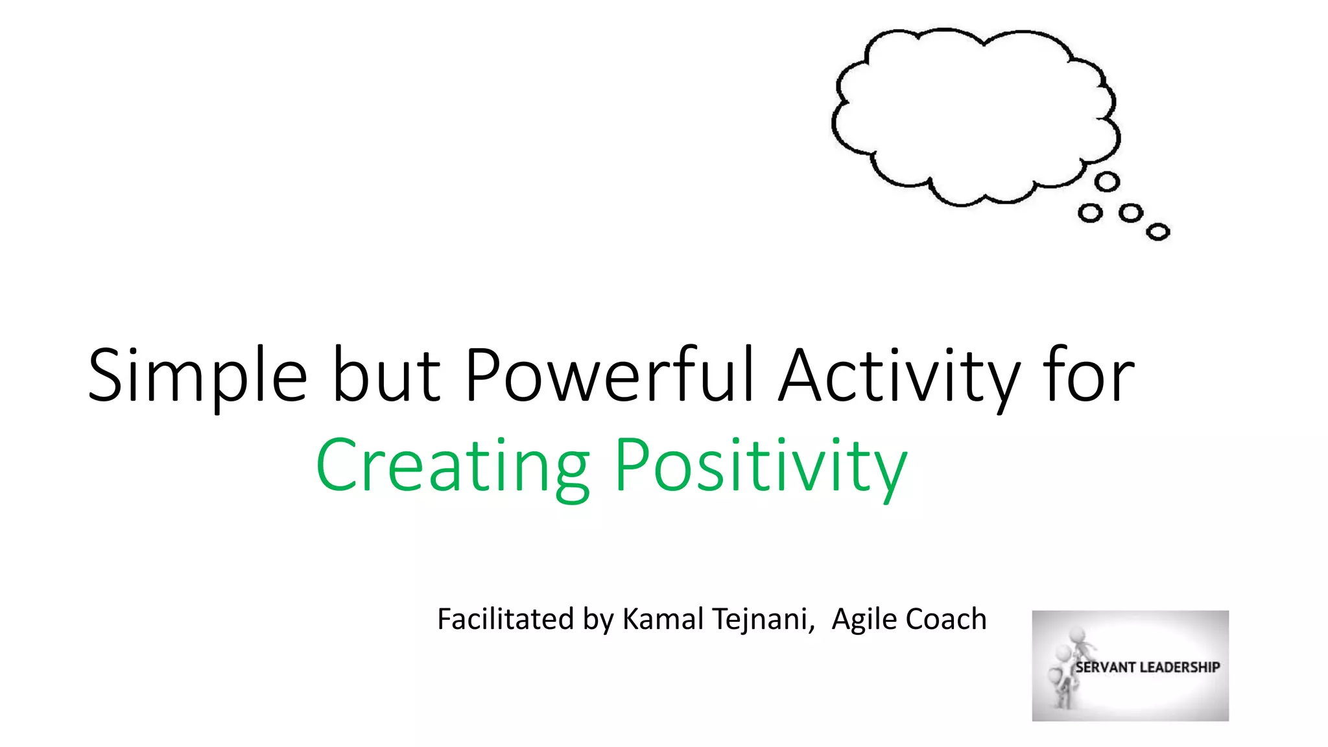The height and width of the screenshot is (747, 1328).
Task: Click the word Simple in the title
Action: (x=197, y=376)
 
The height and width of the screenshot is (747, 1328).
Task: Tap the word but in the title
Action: (x=386, y=376)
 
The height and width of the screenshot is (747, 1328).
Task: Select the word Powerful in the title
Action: (x=610, y=376)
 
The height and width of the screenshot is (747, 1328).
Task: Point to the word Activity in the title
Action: (x=899, y=376)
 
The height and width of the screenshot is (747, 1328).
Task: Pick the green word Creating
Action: (x=452, y=466)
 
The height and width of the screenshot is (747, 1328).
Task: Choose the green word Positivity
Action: (x=760, y=466)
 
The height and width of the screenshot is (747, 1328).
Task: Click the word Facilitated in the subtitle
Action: (x=506, y=619)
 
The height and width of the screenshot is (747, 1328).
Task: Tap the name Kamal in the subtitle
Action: (x=663, y=619)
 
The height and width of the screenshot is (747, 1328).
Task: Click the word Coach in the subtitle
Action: (x=946, y=619)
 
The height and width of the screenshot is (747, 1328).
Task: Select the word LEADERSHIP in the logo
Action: (x=1180, y=667)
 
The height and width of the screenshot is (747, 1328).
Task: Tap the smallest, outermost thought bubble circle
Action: (x=1158, y=231)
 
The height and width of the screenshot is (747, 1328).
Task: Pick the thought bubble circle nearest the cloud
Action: (x=1107, y=182)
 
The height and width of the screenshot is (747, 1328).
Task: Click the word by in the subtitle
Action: (x=598, y=620)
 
